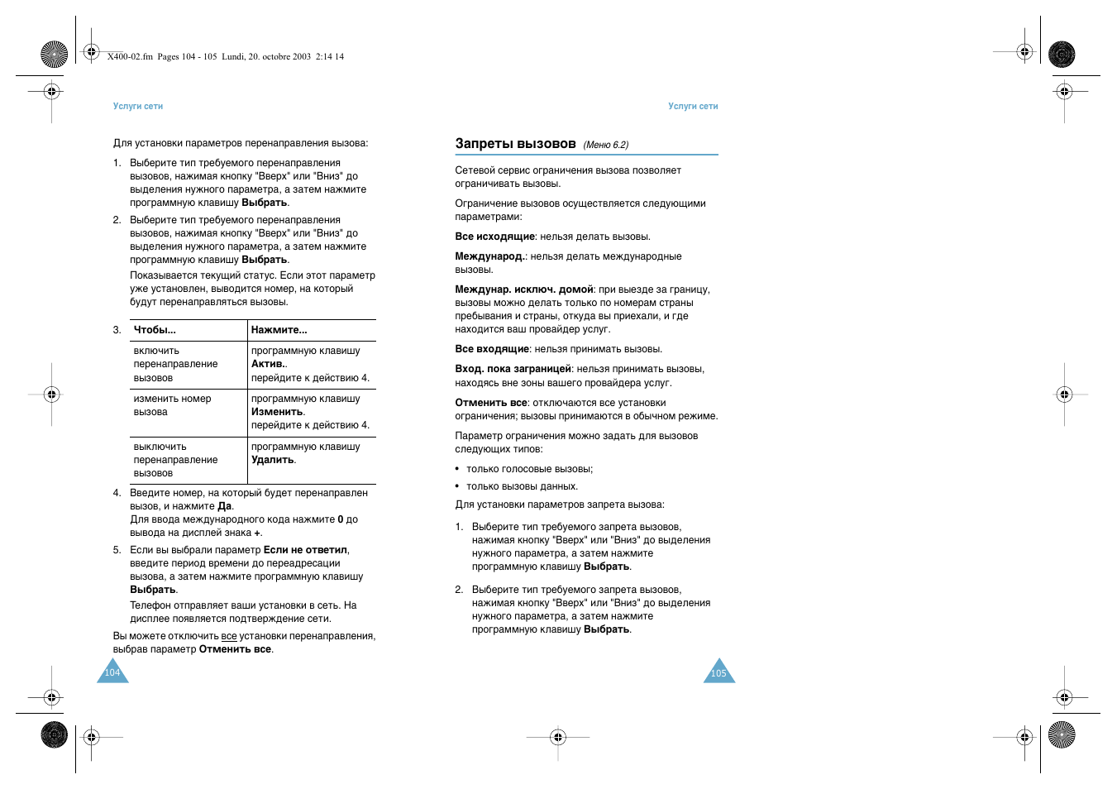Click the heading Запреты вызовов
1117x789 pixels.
click(x=515, y=144)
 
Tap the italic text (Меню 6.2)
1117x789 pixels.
click(x=605, y=146)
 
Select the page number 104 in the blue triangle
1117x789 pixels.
click(x=112, y=673)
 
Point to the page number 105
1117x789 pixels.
click(x=718, y=673)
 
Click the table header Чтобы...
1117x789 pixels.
click(x=155, y=330)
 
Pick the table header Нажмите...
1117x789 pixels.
click(x=279, y=330)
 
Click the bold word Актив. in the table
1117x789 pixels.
click(x=268, y=364)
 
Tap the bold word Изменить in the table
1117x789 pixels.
click(x=277, y=412)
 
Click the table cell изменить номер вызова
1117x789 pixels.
click(x=172, y=405)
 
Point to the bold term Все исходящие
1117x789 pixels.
click(x=494, y=237)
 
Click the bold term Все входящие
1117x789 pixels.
click(x=492, y=349)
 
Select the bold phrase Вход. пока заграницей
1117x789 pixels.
click(x=513, y=369)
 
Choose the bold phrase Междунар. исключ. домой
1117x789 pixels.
click(x=524, y=289)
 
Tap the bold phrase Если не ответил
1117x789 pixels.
click(x=305, y=550)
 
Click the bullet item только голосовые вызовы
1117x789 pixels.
click(x=529, y=469)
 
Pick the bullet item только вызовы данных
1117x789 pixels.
click(x=522, y=486)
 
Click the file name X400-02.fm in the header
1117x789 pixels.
click(x=130, y=57)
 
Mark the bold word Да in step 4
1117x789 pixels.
click(x=224, y=506)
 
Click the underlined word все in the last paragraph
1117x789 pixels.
click(x=229, y=637)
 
